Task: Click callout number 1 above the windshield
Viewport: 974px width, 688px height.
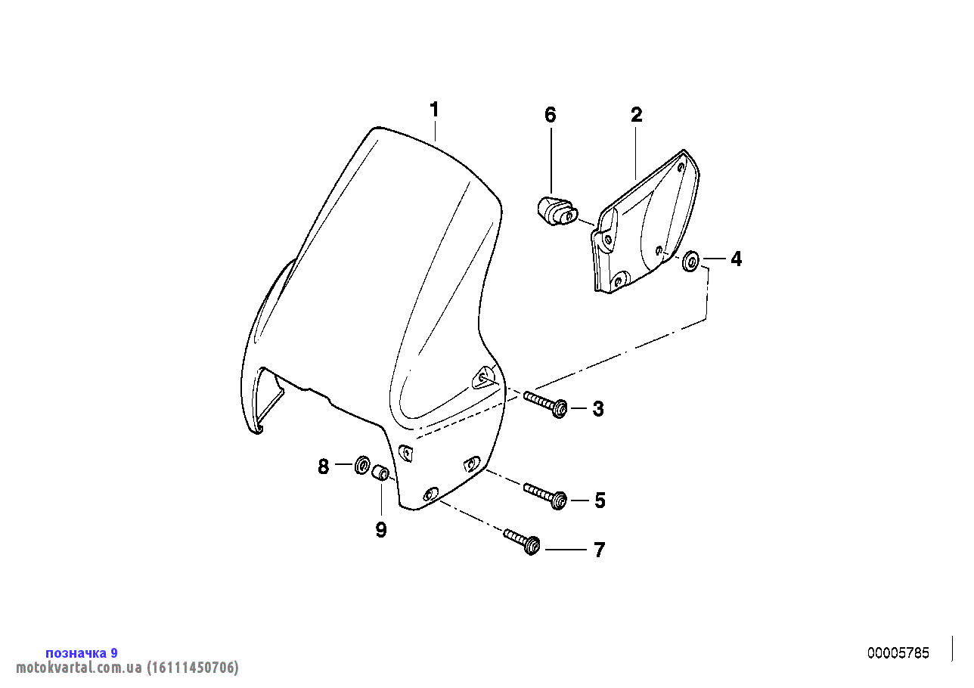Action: (x=434, y=109)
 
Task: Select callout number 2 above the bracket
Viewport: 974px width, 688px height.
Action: (x=636, y=115)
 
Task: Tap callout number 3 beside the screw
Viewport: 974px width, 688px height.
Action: (x=598, y=409)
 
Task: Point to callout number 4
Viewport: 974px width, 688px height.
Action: (x=736, y=259)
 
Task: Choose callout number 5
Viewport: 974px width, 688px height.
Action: (x=600, y=501)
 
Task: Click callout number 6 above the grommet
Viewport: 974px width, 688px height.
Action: (x=550, y=115)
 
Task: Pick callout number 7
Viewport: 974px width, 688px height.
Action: (x=599, y=550)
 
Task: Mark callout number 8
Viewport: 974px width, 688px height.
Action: (x=323, y=466)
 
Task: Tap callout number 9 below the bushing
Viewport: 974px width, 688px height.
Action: (x=381, y=530)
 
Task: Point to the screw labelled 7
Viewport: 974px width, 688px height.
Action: (x=522, y=541)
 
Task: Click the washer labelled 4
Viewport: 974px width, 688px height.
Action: (x=690, y=261)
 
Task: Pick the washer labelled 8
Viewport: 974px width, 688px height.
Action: (x=361, y=465)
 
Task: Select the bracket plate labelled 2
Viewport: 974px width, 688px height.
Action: (x=644, y=222)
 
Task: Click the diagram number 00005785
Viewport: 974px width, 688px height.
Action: (x=898, y=653)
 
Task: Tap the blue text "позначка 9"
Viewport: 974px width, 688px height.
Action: (x=82, y=653)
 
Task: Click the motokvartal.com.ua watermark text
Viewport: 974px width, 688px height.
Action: (x=127, y=668)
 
